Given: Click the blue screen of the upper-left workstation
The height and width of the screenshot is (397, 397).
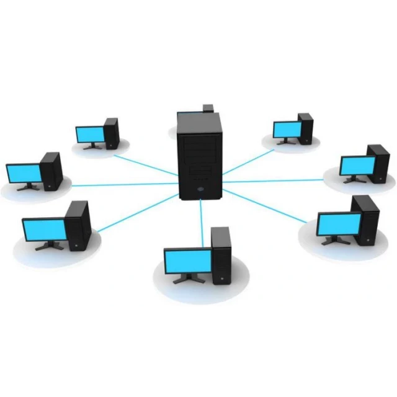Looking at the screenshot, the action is [89, 134].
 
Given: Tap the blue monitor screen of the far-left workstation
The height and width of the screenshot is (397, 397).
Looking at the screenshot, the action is [24, 172].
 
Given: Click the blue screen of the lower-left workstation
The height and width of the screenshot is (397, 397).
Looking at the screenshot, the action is [44, 230].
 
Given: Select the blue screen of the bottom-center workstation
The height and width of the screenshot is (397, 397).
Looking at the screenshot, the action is [187, 260].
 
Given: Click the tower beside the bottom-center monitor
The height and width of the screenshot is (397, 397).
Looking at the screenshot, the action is [221, 254].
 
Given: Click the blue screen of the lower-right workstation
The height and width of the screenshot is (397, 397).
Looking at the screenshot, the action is [338, 224].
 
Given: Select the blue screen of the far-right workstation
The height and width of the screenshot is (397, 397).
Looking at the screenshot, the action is [357, 166].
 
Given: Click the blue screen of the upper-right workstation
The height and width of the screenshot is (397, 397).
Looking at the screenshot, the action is [287, 129].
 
